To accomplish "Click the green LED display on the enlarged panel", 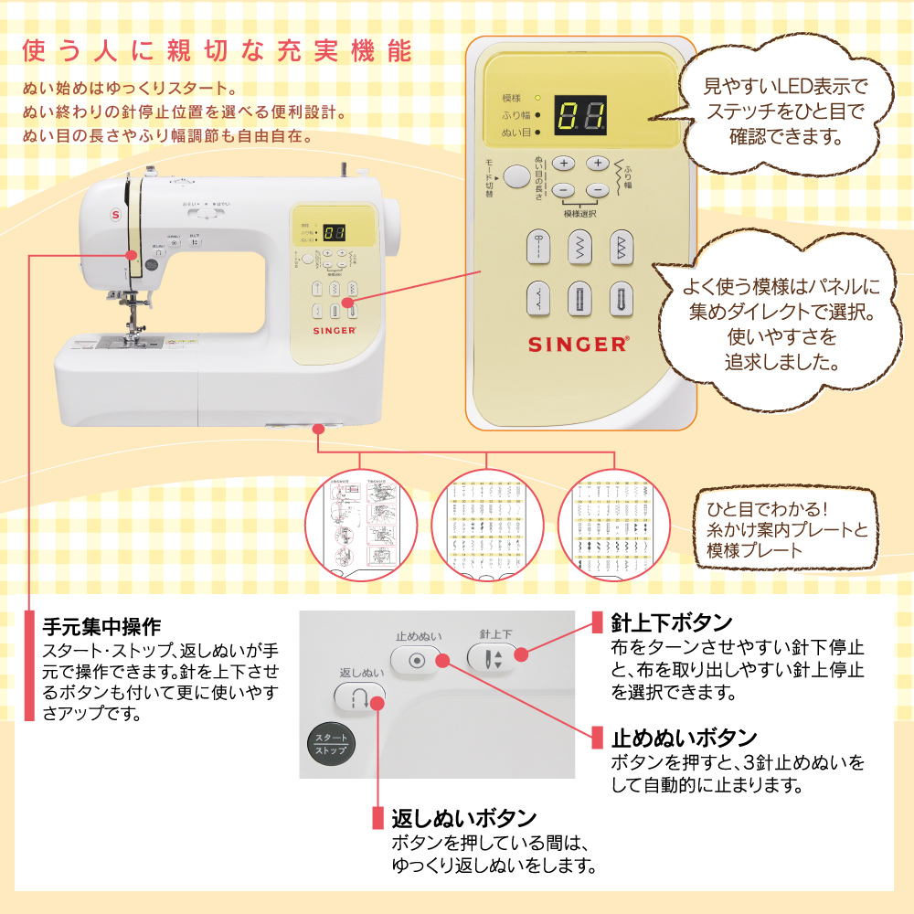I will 580,116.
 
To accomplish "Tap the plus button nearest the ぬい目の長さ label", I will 563,164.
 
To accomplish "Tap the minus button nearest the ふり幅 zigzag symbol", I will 596,190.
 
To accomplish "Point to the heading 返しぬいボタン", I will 463,817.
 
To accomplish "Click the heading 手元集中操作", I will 102,627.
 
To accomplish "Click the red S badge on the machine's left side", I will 116,214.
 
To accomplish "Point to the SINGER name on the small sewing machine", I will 335,334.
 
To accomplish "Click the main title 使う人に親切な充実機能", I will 216,51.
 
